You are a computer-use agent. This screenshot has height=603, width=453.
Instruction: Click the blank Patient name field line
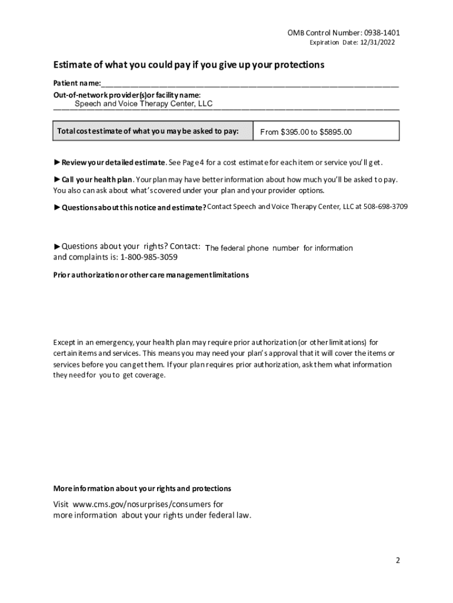click(249, 84)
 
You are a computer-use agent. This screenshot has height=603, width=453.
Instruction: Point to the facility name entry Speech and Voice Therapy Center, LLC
click(144, 104)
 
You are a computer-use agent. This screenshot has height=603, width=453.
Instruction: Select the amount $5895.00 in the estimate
click(335, 132)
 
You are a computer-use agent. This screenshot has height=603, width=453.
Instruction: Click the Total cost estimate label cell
click(152, 131)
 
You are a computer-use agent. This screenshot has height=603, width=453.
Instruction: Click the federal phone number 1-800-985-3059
click(149, 257)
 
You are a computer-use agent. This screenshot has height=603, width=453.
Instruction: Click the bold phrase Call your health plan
click(97, 180)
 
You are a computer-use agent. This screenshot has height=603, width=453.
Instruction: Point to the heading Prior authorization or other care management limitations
click(151, 275)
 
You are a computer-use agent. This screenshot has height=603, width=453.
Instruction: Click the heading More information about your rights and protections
click(142, 489)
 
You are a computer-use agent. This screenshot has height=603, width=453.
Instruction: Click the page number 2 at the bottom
click(398, 561)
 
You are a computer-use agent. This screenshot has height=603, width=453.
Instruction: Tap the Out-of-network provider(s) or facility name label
click(126, 95)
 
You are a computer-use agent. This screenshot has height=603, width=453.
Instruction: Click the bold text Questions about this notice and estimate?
click(134, 207)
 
